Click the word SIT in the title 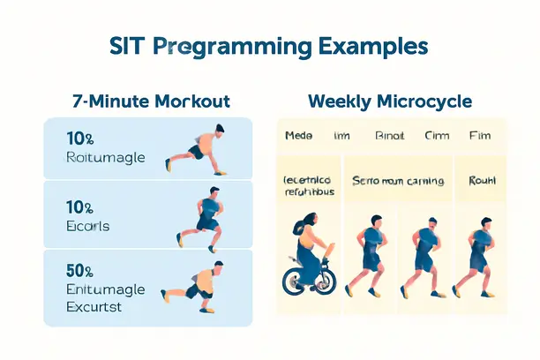click(x=130, y=46)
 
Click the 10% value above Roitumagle click(x=79, y=139)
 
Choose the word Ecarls click(x=87, y=226)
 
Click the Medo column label click(x=299, y=137)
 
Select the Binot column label click(x=389, y=137)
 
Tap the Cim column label click(x=437, y=137)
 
